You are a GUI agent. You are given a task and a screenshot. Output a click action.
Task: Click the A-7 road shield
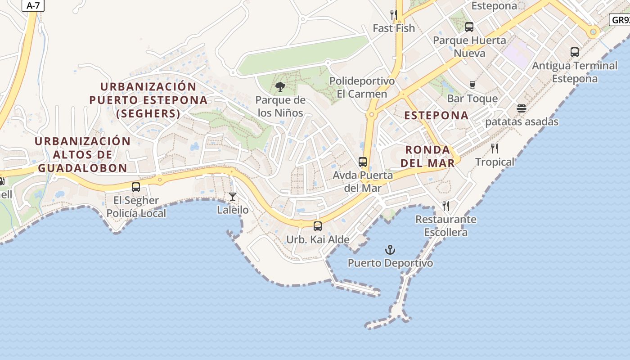click(x=33, y=5)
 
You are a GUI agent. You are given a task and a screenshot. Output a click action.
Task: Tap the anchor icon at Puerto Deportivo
click(x=390, y=250)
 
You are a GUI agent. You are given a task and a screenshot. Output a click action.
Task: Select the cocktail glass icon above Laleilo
click(x=233, y=196)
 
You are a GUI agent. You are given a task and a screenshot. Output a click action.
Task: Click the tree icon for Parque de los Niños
click(x=280, y=86)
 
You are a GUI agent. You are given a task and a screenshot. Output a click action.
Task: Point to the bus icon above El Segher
click(x=136, y=187)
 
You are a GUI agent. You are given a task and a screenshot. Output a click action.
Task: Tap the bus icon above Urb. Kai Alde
click(x=318, y=226)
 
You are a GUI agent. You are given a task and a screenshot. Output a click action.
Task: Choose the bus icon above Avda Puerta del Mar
click(x=363, y=162)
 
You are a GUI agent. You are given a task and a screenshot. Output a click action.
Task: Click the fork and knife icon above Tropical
click(x=495, y=148)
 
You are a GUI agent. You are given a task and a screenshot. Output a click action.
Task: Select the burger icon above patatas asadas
click(x=522, y=108)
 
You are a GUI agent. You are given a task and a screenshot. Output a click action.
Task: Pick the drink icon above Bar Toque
click(x=472, y=85)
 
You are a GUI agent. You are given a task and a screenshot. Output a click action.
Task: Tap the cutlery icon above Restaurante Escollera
click(x=446, y=206)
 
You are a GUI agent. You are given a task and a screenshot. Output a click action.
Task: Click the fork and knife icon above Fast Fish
click(x=394, y=15)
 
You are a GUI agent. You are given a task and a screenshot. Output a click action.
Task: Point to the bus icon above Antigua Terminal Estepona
click(x=575, y=52)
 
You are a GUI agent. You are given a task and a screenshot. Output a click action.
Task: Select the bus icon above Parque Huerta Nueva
click(x=469, y=27)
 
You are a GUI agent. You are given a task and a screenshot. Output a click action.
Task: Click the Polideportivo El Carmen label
click(x=362, y=87)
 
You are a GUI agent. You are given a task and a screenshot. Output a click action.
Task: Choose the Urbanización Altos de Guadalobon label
click(x=83, y=154)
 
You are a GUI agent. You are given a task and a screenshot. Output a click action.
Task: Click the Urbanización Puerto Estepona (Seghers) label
click(x=148, y=100)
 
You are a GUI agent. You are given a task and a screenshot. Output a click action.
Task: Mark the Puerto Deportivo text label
click(x=390, y=263)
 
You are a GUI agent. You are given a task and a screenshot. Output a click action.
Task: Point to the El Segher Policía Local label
click(x=136, y=207)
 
